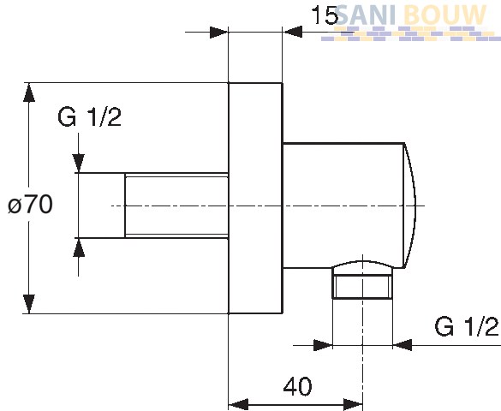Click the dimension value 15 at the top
point(325,15)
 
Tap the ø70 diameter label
point(30,205)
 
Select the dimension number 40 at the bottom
point(297,387)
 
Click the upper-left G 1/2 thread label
point(89,117)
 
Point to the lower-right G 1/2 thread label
point(467,326)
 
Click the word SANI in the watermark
point(365,15)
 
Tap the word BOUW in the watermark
point(444,15)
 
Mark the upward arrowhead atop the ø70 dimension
point(29,92)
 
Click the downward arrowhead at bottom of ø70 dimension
point(29,304)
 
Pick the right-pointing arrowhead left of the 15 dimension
point(219,33)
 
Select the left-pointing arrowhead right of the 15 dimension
point(292,32)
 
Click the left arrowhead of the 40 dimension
point(239,405)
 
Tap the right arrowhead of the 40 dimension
point(353,405)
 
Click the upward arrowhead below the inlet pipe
point(79,247)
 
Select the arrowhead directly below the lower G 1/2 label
point(403,345)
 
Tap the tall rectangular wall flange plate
point(255,199)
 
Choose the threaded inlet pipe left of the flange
point(176,205)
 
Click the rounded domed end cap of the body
point(410,206)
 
